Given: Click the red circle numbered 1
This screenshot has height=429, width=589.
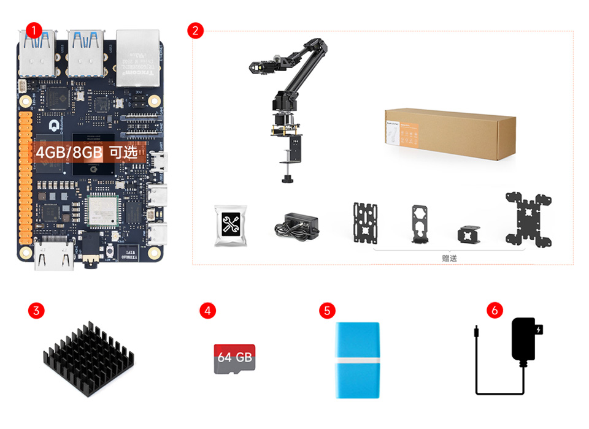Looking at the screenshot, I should click(x=34, y=29).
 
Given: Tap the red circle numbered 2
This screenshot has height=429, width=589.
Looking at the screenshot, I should click(x=195, y=31).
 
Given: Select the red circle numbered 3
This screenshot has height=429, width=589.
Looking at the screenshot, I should click(x=36, y=311).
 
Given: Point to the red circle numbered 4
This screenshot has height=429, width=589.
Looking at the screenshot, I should click(x=208, y=311).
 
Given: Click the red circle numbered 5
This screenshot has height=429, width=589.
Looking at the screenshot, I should click(x=328, y=311).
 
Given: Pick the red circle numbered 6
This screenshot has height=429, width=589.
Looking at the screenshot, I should click(x=495, y=311).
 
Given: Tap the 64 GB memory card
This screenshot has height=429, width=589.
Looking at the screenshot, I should click(x=234, y=359).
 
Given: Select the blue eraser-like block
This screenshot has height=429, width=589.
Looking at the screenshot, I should click(x=357, y=360).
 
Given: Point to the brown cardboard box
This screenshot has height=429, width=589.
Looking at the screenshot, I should click(x=450, y=135).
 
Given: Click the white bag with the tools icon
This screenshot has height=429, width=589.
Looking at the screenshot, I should click(x=231, y=225).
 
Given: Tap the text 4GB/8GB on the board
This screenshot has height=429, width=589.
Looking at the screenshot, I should click(x=67, y=153).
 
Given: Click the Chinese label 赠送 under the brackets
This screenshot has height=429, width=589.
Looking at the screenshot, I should click(x=450, y=259).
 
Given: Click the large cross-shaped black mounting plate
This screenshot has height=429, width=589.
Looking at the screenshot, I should click(x=528, y=219).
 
